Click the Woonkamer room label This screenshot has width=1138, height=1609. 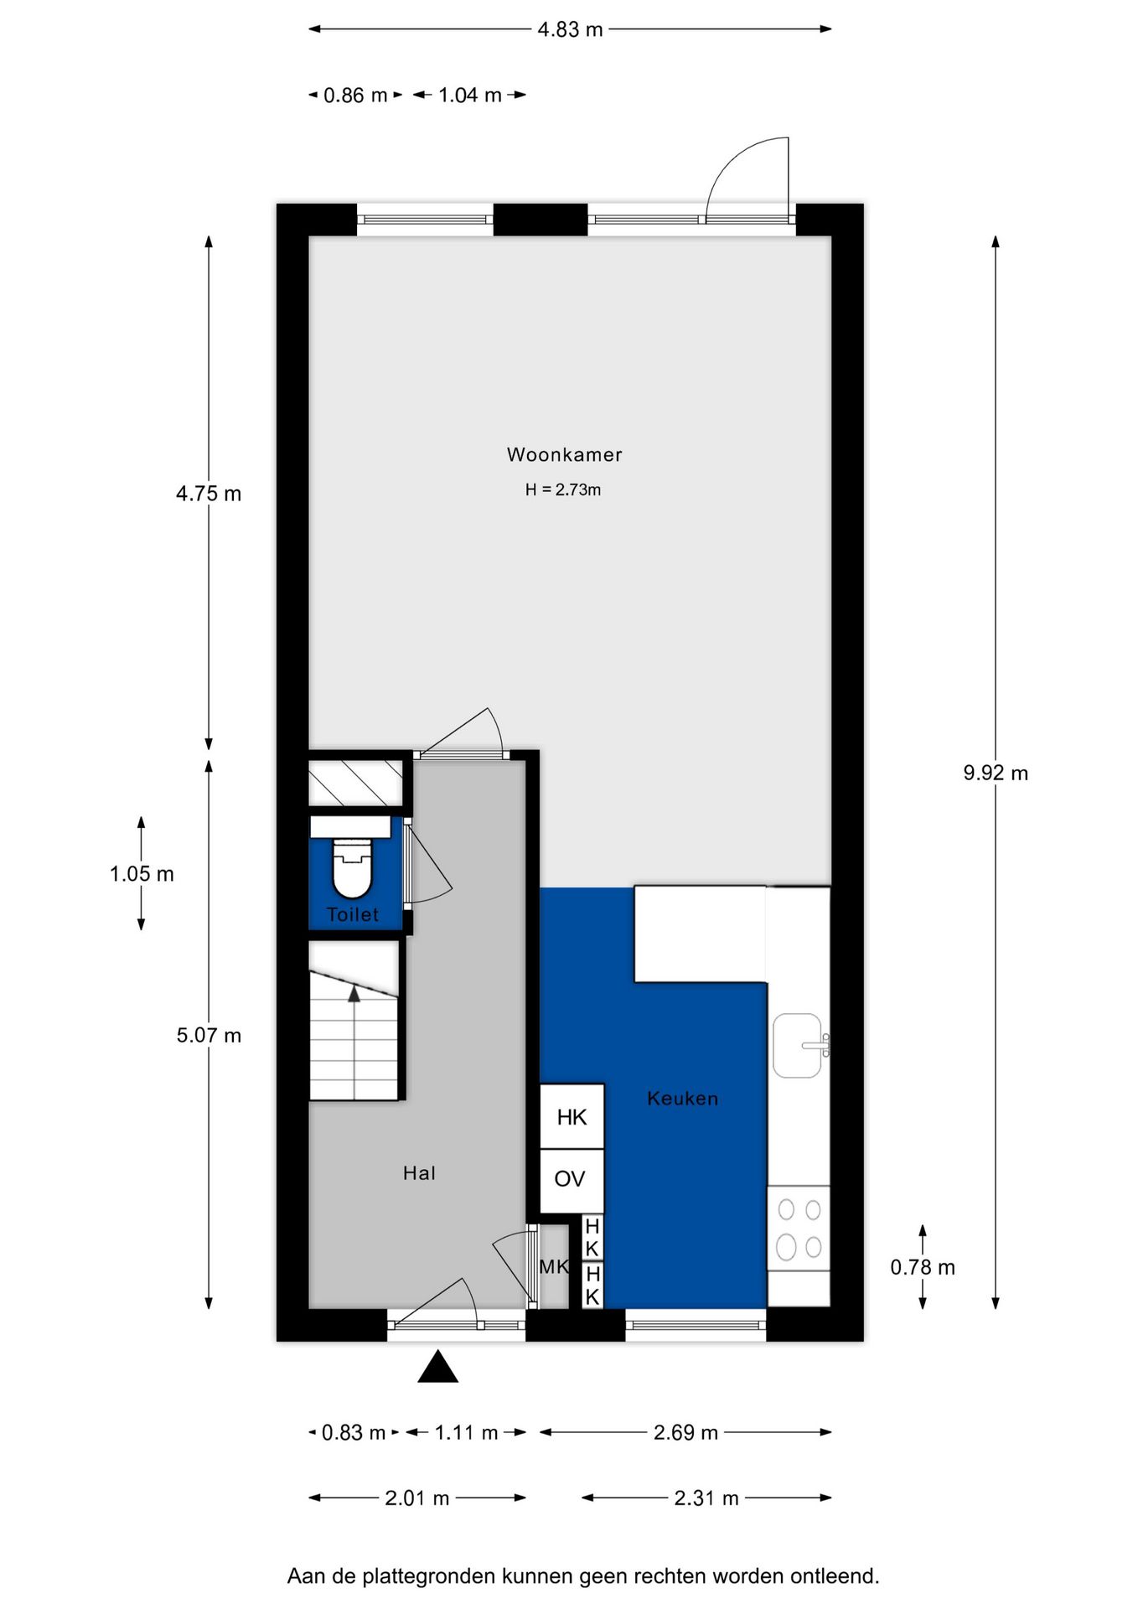coord(564,454)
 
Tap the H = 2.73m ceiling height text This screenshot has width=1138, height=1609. coord(563,489)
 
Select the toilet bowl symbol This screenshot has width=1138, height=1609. coord(352,868)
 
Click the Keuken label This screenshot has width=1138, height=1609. coord(682,1098)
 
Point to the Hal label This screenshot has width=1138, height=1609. coord(419,1172)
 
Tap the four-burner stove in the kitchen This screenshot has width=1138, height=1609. coord(799,1229)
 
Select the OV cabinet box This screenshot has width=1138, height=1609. coord(572,1180)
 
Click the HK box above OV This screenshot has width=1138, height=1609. coord(572,1116)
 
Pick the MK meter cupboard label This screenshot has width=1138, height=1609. coord(554,1266)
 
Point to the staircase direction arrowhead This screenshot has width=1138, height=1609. coord(354,994)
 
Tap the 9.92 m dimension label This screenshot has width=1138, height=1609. coord(996,773)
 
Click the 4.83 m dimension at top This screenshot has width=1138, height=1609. coord(570,29)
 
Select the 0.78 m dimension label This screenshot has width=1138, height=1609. coord(923,1267)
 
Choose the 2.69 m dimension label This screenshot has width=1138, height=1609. coord(685,1432)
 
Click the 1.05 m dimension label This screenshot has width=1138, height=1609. coord(142,874)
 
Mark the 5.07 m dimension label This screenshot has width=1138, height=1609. coord(209,1036)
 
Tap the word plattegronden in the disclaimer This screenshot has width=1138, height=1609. coord(429,1576)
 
